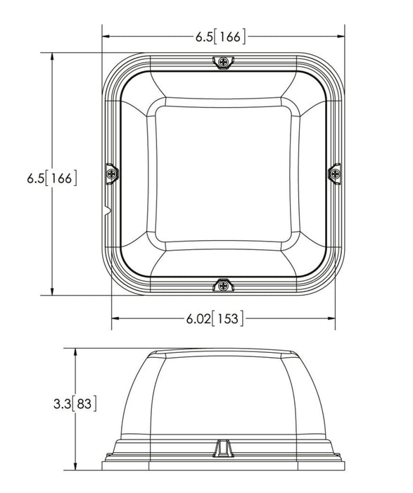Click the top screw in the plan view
pyautogui.click(x=224, y=62)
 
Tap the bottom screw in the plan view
pyautogui.click(x=224, y=286)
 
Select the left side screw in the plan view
pyautogui.click(x=111, y=173)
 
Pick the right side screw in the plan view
pyautogui.click(x=336, y=173)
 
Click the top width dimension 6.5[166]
pyautogui.click(x=220, y=37)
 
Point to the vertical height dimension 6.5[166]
pyautogui.click(x=52, y=178)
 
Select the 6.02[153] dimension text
pyautogui.click(x=215, y=318)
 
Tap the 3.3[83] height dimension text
pyautogui.click(x=75, y=404)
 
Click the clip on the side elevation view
pyautogui.click(x=223, y=449)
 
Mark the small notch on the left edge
pyautogui.click(x=107, y=211)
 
